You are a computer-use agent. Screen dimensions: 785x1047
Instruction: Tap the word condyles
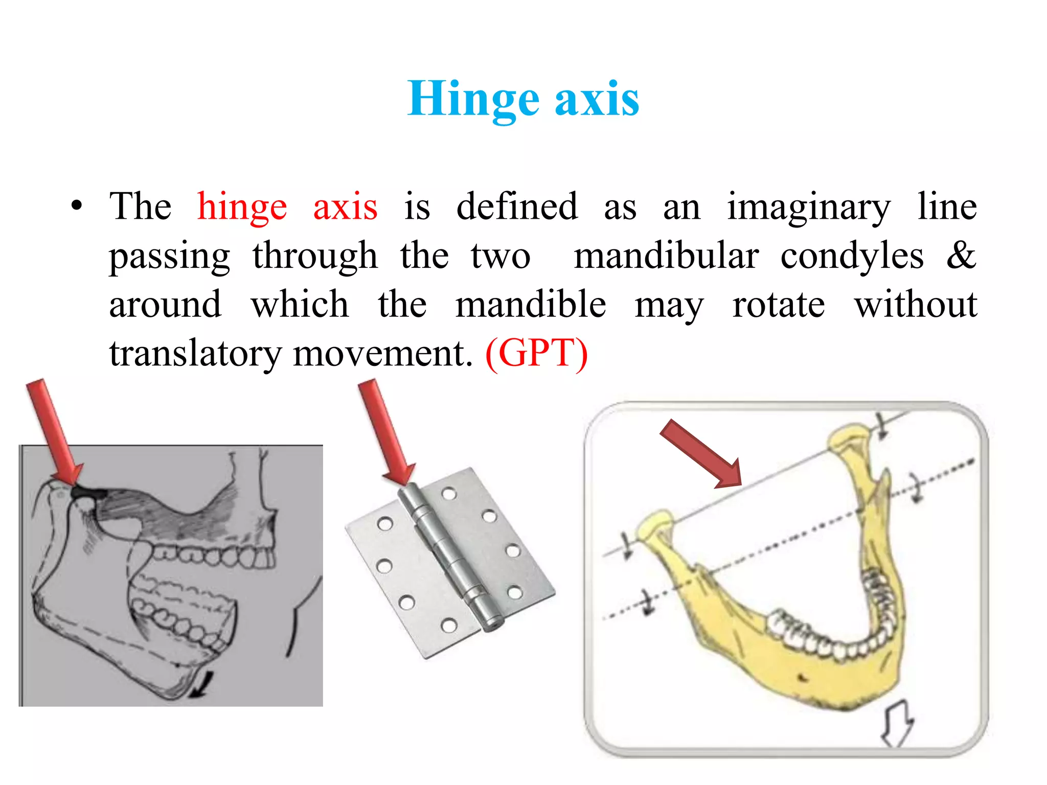click(x=852, y=257)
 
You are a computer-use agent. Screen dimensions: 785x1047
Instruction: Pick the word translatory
click(x=195, y=354)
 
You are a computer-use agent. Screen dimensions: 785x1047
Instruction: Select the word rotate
click(x=778, y=305)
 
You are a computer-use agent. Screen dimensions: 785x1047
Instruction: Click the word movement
click(x=382, y=354)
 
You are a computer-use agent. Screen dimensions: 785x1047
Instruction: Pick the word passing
click(x=170, y=257)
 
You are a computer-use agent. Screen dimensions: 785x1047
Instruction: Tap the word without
click(x=916, y=305)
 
